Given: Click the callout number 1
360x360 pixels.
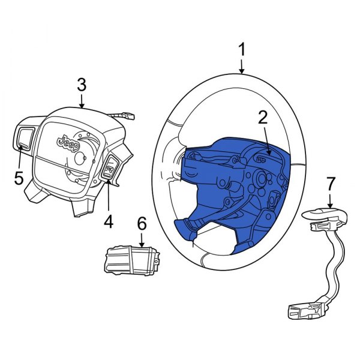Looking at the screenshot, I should pos(242,50).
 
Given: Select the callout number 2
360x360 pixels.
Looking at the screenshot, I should pos(262,118).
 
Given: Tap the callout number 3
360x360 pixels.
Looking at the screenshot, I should pos(82,85).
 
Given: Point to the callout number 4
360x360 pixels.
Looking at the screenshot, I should pos(108,222).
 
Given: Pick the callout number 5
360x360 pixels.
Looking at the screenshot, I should pos(18,178).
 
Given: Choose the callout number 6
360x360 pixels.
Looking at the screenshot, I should pos(142,224).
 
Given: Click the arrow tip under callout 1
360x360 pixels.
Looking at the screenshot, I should pos(242,72).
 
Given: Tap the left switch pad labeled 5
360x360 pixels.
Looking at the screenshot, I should pos(25,139).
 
